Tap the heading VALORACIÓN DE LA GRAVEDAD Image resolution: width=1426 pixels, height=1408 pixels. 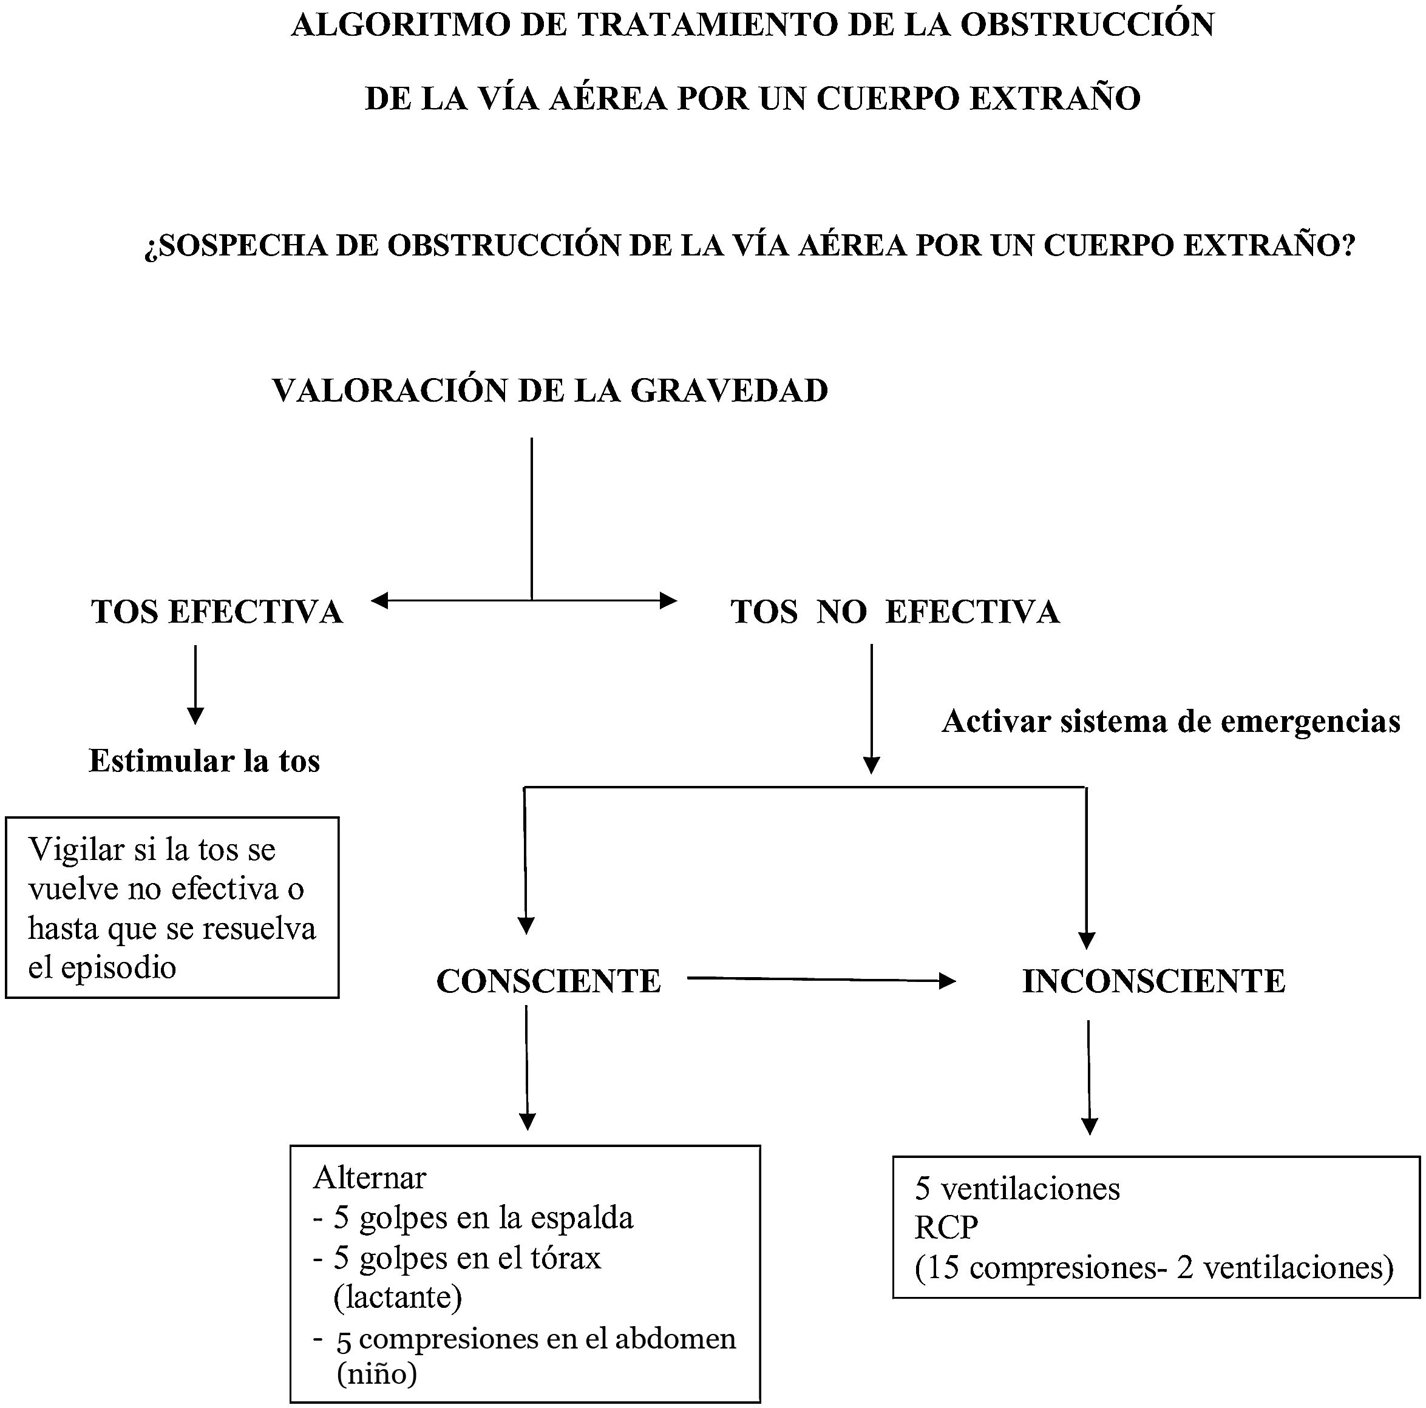tap(550, 390)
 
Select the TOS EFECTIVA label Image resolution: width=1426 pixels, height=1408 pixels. tap(217, 612)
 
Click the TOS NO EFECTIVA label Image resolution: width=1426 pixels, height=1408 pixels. tap(895, 612)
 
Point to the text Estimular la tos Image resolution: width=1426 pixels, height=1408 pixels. tap(205, 761)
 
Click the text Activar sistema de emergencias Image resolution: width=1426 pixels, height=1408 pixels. tap(1170, 721)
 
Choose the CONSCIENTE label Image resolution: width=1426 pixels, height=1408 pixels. tap(548, 981)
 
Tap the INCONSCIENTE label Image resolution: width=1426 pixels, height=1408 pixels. tap(1153, 981)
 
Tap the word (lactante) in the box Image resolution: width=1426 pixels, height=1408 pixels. tap(398, 1296)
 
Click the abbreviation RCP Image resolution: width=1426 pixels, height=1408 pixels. tap(946, 1227)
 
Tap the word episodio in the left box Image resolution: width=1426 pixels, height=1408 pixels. tap(119, 967)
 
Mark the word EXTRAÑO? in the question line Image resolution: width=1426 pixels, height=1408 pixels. tap(1269, 246)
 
